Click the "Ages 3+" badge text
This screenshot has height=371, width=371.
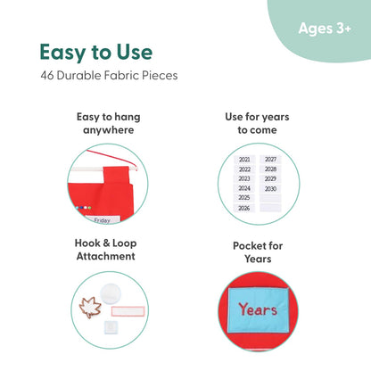(325, 29)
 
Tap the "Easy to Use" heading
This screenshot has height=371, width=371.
(96, 53)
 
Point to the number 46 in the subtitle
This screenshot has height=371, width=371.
(47, 76)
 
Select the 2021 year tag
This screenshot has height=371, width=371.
(244, 160)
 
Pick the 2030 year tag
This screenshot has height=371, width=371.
(270, 189)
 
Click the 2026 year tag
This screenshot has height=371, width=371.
(244, 208)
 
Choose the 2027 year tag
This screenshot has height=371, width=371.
(270, 160)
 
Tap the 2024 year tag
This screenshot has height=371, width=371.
(244, 188)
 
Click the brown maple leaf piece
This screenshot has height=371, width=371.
(90, 307)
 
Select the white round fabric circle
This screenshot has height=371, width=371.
(111, 293)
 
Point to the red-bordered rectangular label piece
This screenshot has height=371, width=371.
(128, 311)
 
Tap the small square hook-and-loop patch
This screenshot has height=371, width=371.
(111, 327)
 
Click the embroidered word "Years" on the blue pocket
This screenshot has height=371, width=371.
(258, 309)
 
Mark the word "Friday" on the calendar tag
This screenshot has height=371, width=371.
(103, 220)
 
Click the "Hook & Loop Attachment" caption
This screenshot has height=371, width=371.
(106, 250)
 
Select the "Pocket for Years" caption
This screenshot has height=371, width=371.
(258, 252)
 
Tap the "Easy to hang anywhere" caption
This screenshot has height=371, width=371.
(109, 123)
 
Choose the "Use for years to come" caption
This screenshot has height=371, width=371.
(257, 123)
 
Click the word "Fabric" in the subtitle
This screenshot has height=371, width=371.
(122, 76)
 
